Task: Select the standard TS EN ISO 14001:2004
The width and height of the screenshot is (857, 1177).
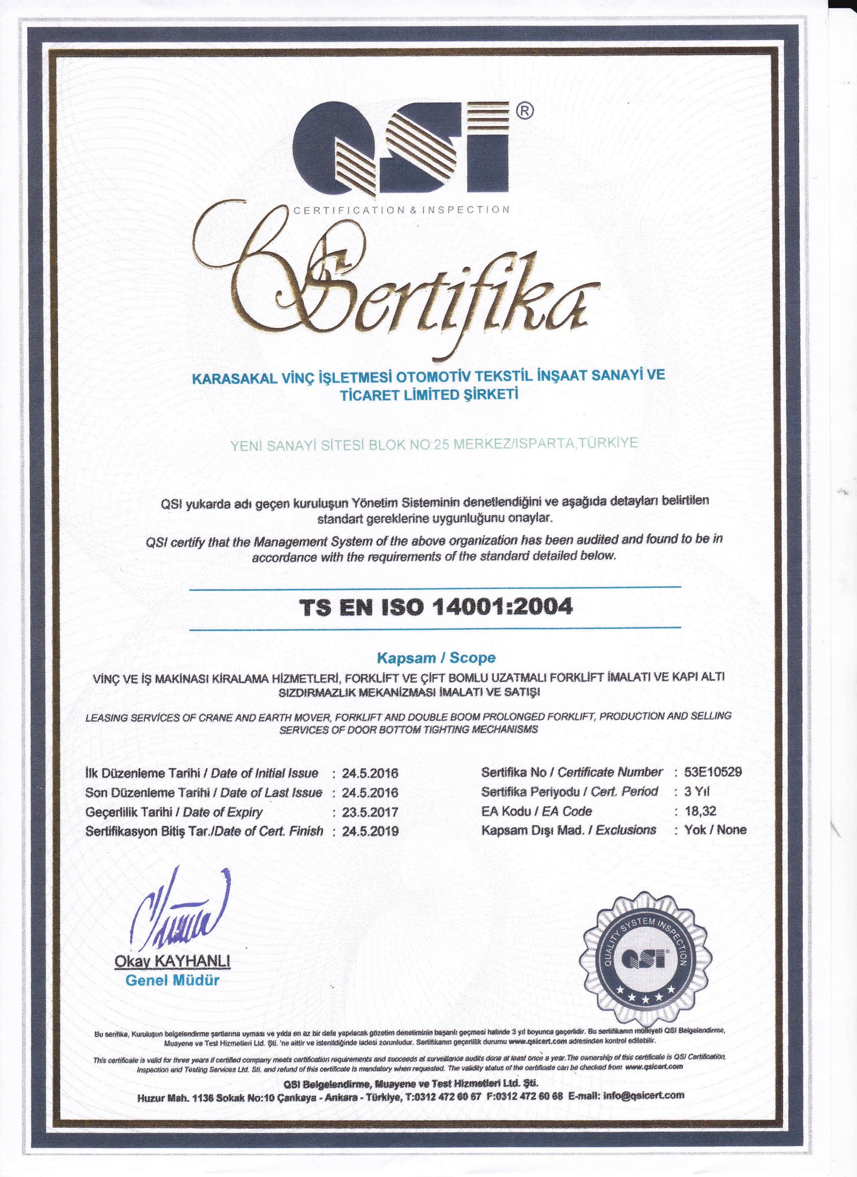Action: coord(436,608)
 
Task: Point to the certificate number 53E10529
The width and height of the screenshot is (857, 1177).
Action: coord(713,772)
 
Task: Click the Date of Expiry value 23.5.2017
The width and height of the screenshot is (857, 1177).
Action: coord(370,812)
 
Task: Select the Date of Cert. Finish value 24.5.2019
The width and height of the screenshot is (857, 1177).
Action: coord(370,831)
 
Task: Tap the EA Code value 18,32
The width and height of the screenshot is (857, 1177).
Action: coord(701,811)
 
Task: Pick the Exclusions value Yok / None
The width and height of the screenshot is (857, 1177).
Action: coord(715,830)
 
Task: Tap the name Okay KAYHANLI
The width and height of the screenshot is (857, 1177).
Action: coord(172,962)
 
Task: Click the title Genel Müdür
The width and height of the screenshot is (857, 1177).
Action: coord(172,980)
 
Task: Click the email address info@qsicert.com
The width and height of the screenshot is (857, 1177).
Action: coord(643,1095)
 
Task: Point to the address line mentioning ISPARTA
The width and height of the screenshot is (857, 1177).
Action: coord(434,444)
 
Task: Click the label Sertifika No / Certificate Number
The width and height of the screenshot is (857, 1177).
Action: coord(572,772)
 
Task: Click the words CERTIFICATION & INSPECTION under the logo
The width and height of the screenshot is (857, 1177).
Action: coord(402,210)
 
